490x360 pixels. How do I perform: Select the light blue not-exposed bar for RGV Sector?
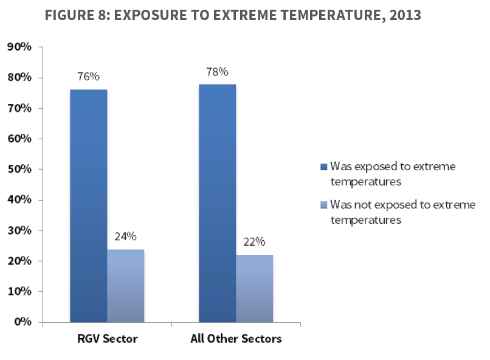click(x=126, y=286)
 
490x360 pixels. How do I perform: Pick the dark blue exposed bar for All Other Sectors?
click(x=217, y=204)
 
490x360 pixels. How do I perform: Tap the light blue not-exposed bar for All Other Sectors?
click(x=255, y=288)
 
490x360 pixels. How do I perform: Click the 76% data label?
click(x=88, y=77)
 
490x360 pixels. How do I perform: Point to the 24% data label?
click(x=126, y=237)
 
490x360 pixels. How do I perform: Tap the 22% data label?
click(x=255, y=241)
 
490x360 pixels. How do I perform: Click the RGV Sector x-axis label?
click(x=107, y=339)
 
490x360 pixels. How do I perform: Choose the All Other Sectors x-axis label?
click(x=235, y=339)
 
